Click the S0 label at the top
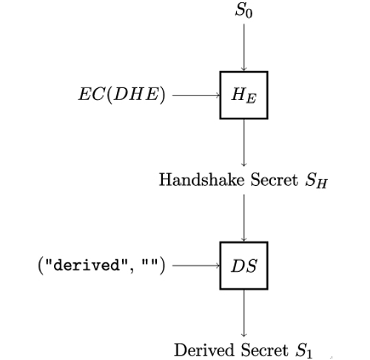pyautogui.click(x=243, y=11)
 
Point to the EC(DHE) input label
pyautogui.click(x=121, y=95)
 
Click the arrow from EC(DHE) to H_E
pyautogui.click(x=196, y=95)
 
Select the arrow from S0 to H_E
pyautogui.click(x=244, y=47)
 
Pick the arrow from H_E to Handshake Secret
pyautogui.click(x=244, y=142)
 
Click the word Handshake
pyautogui.click(x=201, y=179)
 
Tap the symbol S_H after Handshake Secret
pyautogui.click(x=316, y=181)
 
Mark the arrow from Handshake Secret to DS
pyautogui.click(x=244, y=218)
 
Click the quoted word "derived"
pyautogui.click(x=87, y=265)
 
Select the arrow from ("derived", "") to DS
pyautogui.click(x=196, y=266)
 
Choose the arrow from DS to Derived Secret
pyautogui.click(x=244, y=313)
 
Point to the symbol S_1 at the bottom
pyautogui.click(x=304, y=350)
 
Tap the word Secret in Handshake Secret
pyautogui.click(x=275, y=179)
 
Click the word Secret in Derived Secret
pyautogui.click(x=264, y=350)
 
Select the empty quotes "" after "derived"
pyautogui.click(x=149, y=263)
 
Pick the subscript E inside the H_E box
pyautogui.click(x=251, y=99)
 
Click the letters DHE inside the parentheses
pyautogui.click(x=135, y=95)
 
